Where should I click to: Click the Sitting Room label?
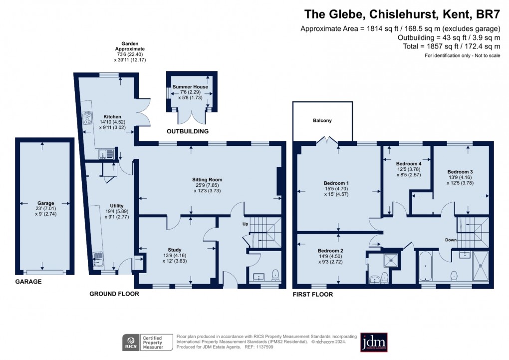pyautogui.click(x=207, y=179)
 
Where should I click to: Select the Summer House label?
pyautogui.click(x=190, y=87)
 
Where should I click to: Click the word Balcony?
pyautogui.click(x=322, y=121)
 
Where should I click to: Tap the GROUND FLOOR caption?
pyautogui.click(x=114, y=294)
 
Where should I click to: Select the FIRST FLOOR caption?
pyautogui.click(x=312, y=295)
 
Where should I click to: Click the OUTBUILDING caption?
pyautogui.click(x=188, y=131)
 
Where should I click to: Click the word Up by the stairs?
pyautogui.click(x=245, y=224)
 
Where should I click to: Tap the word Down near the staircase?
pyautogui.click(x=451, y=240)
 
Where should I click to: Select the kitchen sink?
pyautogui.click(x=106, y=153)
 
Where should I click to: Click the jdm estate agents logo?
pyautogui.click(x=374, y=342)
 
